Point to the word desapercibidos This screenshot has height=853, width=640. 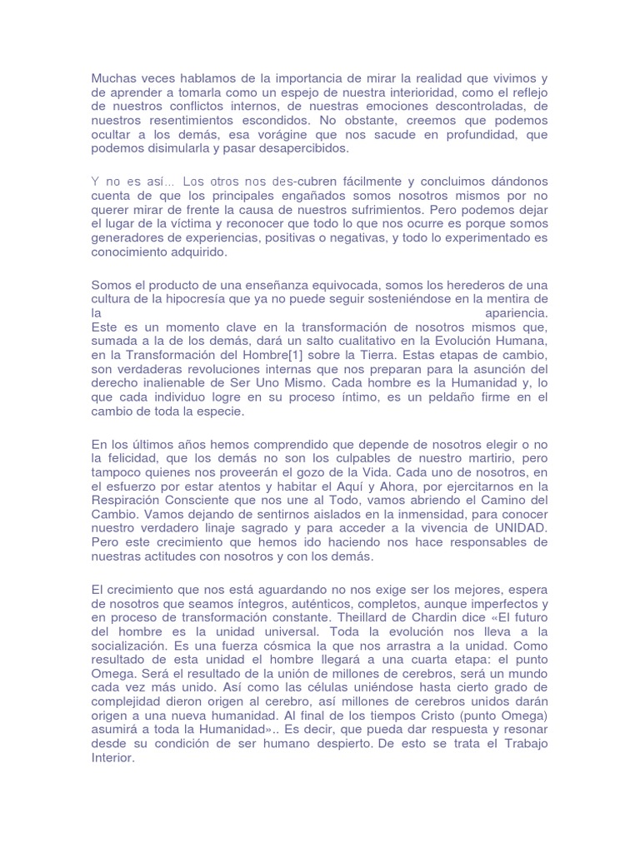coord(287,149)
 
